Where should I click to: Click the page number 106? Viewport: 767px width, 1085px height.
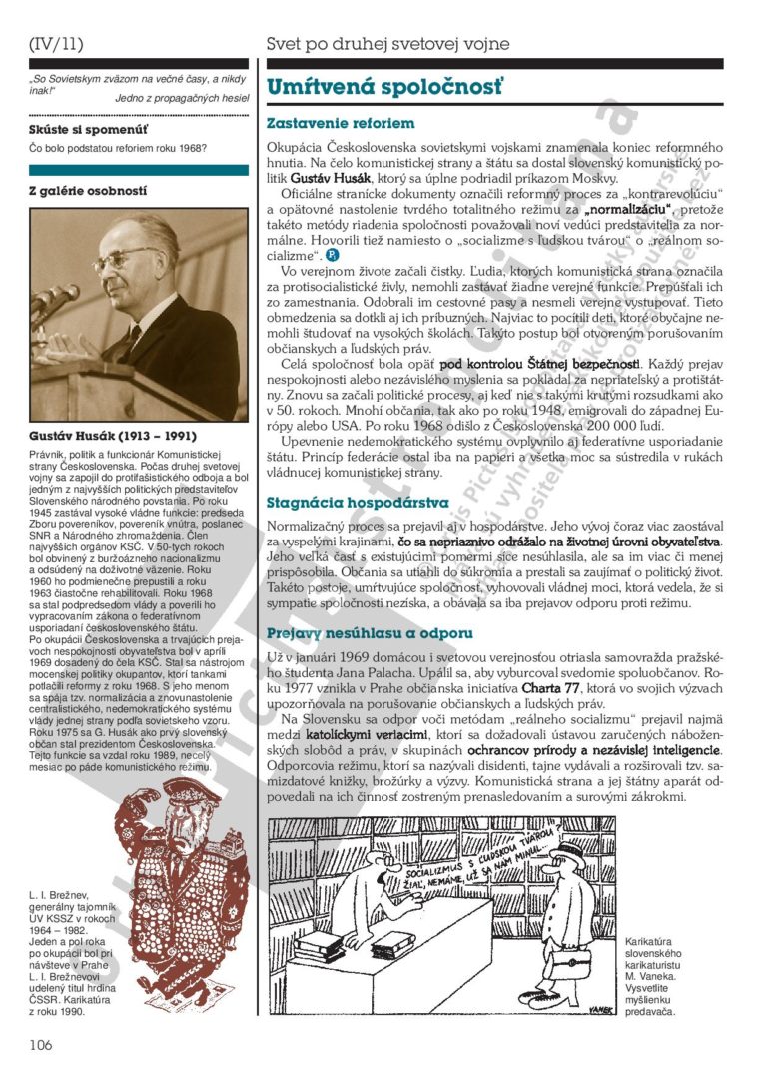40,1045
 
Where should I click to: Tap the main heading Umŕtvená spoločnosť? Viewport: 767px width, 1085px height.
384,87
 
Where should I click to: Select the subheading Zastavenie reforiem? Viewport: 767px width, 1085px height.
340,123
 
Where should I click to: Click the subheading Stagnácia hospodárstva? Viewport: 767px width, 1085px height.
358,502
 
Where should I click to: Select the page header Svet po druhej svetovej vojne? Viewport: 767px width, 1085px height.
387,43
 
